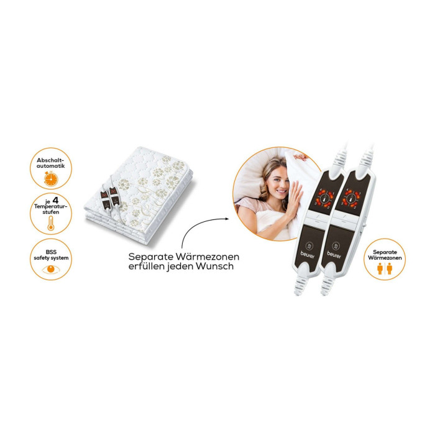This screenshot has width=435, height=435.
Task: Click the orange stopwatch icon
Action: [x=51, y=179]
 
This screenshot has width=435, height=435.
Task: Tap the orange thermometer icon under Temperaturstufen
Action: [x=50, y=223]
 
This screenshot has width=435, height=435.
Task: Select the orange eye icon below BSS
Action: [x=51, y=269]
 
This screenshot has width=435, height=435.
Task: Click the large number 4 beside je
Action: [x=55, y=200]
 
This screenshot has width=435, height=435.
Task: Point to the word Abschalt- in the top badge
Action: [x=50, y=160]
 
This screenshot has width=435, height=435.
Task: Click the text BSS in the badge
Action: [x=51, y=252]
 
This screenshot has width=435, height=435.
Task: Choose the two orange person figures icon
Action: [x=385, y=268]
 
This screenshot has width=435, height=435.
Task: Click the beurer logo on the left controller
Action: [x=308, y=255]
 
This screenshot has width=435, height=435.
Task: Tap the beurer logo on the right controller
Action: [x=334, y=255]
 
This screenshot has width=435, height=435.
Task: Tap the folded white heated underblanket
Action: [x=139, y=196]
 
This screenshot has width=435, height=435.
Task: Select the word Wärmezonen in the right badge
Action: [x=385, y=258]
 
